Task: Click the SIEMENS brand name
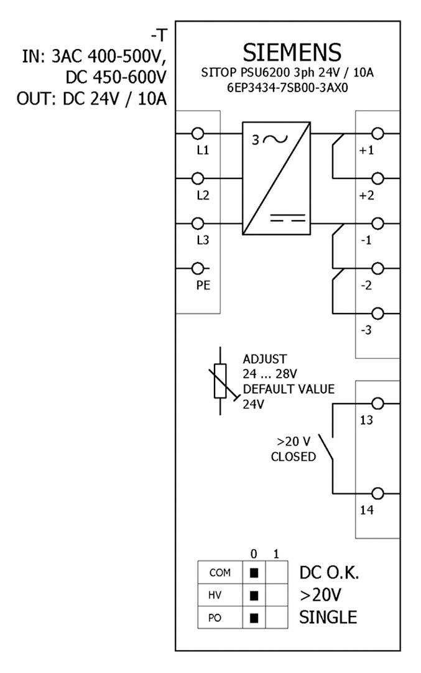pyautogui.click(x=292, y=51)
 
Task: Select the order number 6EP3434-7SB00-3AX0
pyautogui.click(x=292, y=88)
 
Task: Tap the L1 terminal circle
pyautogui.click(x=198, y=134)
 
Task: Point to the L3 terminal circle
pyautogui.click(x=198, y=223)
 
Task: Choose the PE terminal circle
pyautogui.click(x=198, y=268)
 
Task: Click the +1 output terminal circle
pyautogui.click(x=377, y=134)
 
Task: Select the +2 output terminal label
pyautogui.click(x=366, y=195)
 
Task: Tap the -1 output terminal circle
pyautogui.click(x=377, y=223)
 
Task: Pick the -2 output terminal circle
pyautogui.click(x=377, y=268)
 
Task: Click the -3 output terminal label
pyautogui.click(x=366, y=330)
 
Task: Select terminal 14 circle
pyautogui.click(x=377, y=493)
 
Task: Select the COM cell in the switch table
pyautogui.click(x=216, y=573)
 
